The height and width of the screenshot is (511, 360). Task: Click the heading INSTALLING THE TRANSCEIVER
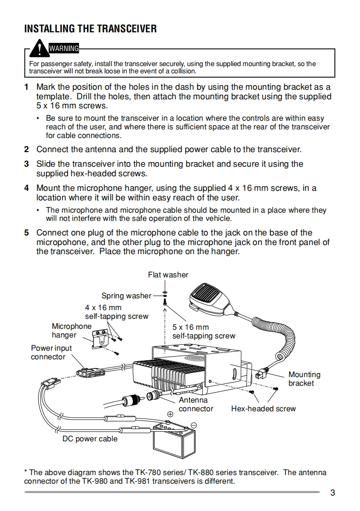click(90, 29)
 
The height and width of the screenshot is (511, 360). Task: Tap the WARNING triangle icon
click(41, 47)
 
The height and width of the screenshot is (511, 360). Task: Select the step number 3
click(26, 164)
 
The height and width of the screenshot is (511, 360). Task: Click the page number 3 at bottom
click(333, 492)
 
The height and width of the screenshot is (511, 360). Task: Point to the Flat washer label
click(168, 275)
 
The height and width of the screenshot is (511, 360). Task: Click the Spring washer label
click(126, 296)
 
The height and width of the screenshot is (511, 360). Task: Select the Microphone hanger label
click(71, 331)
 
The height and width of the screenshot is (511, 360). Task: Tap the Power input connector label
click(51, 353)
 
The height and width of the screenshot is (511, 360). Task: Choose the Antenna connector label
click(196, 404)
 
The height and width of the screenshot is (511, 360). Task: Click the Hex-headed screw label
click(263, 409)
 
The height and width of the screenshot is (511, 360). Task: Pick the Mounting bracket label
click(304, 379)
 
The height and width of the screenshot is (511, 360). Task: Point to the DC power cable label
click(90, 439)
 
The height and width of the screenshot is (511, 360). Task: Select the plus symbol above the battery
click(170, 414)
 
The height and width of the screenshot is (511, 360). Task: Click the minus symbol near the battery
click(193, 425)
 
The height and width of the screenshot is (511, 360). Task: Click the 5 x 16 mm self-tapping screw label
click(203, 332)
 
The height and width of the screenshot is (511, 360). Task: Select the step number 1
click(26, 87)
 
